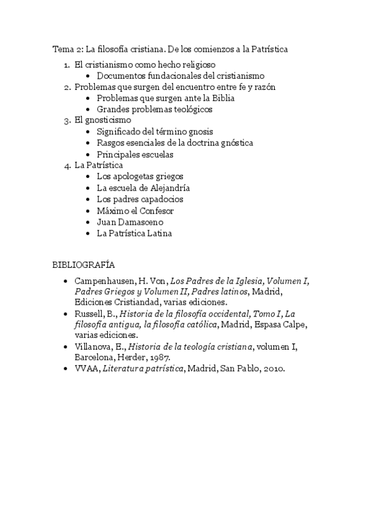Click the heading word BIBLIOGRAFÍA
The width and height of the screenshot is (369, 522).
84,265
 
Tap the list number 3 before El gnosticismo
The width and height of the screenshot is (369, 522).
67,121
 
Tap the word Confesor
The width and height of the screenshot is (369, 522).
155,211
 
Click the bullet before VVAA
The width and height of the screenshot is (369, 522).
67,369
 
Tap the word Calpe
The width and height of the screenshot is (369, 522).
293,325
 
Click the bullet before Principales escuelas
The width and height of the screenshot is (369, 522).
89,155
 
